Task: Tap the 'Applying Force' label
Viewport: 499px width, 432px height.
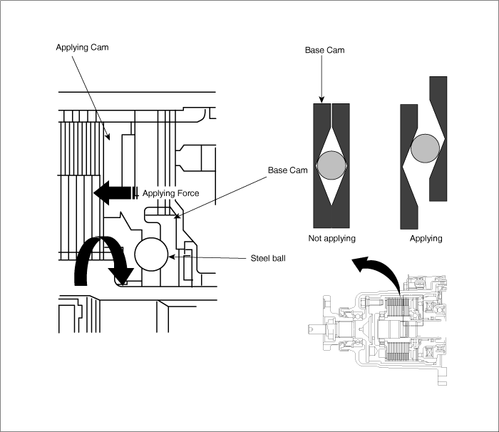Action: (170, 193)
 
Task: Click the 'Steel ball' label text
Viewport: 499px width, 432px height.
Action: (268, 257)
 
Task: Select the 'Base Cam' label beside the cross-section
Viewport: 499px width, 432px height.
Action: (287, 170)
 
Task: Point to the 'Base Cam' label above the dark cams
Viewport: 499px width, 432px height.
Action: (325, 50)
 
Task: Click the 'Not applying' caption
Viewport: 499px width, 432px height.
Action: (331, 238)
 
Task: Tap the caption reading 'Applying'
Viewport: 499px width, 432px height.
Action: (426, 238)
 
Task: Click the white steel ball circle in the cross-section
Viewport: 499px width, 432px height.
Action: (151, 254)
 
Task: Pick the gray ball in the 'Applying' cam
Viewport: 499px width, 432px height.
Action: (426, 148)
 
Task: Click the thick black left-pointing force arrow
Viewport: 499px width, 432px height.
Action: (114, 192)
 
